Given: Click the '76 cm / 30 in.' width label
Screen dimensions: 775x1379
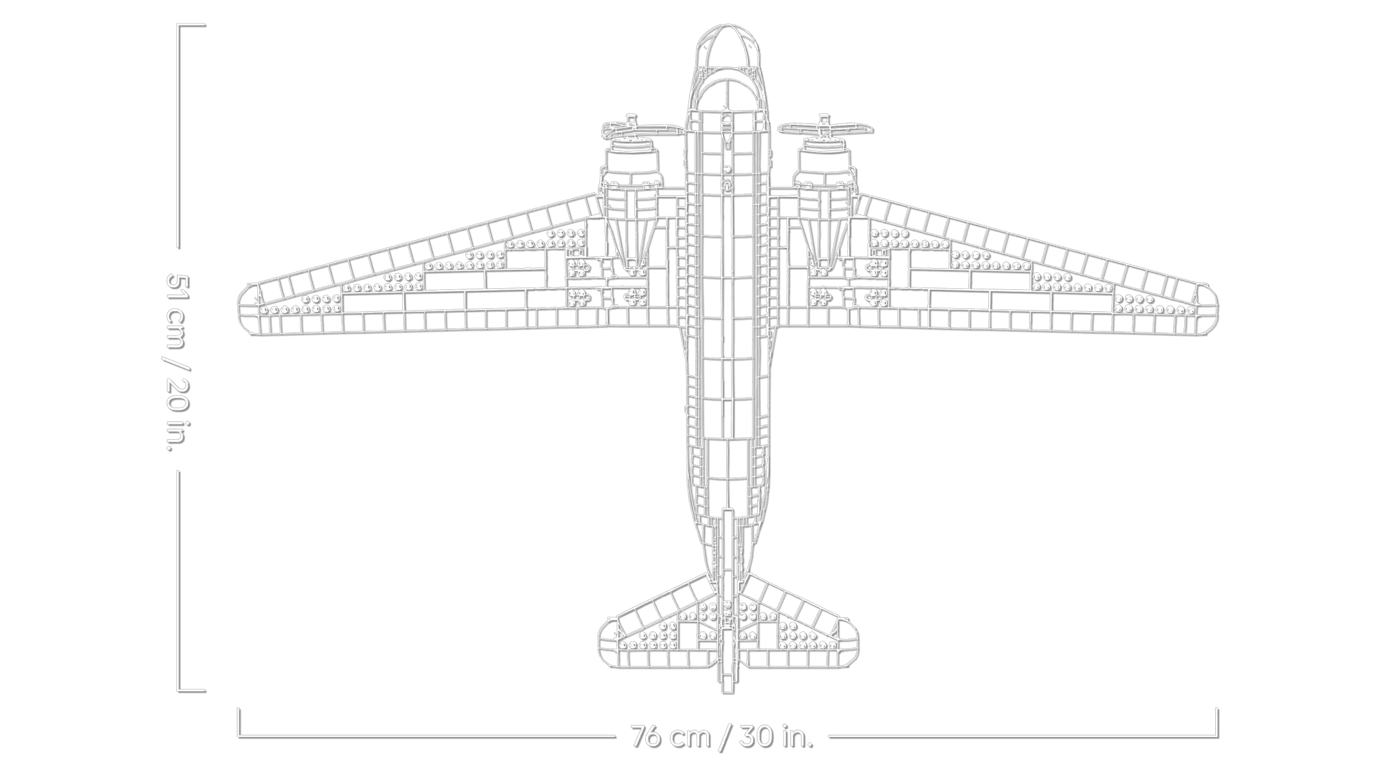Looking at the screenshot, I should click(722, 735).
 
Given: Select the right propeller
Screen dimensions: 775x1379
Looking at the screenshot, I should click(825, 127).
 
